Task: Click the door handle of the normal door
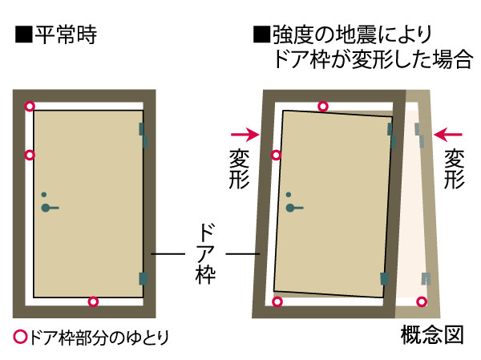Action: pyautogui.click(x=51, y=208)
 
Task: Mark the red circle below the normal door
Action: pyautogui.click(x=93, y=301)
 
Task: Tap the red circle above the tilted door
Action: pyautogui.click(x=323, y=106)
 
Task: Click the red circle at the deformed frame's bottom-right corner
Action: pyautogui.click(x=422, y=301)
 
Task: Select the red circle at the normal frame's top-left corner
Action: pyautogui.click(x=30, y=106)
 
